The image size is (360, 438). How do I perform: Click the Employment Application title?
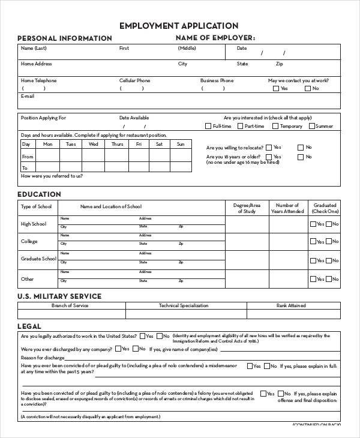[x=179, y=26]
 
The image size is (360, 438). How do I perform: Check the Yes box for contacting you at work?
[x=276, y=89]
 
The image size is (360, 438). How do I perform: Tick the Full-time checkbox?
[x=208, y=127]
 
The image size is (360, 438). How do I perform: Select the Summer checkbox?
[x=312, y=127]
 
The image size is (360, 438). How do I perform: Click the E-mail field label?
[x=28, y=96]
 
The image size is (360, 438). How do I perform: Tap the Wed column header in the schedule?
[x=94, y=144]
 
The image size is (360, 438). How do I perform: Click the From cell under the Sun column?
[x=180, y=157]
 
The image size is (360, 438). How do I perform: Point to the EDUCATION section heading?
[x=39, y=194]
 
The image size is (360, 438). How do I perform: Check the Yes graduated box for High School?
[x=313, y=224]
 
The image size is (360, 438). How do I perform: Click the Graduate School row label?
[x=38, y=259]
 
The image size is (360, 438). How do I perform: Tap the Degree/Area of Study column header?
[x=247, y=208]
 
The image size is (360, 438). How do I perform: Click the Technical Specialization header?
[x=184, y=305]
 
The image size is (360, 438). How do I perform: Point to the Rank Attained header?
[x=291, y=305]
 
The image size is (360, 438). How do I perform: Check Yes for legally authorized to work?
[x=142, y=337]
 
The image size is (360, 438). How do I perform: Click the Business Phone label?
[x=217, y=80]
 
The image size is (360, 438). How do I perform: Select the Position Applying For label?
[x=43, y=118]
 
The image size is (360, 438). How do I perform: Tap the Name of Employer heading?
[x=215, y=38]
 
